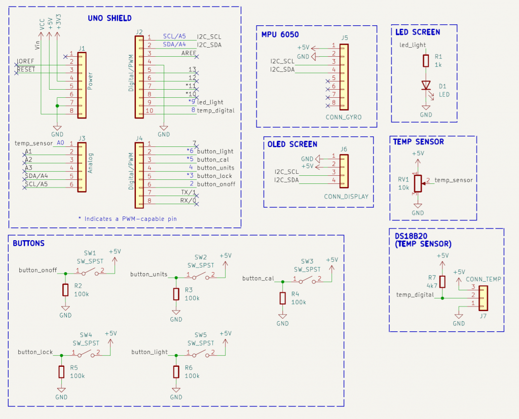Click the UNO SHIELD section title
(109, 18)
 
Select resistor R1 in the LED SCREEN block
(426, 61)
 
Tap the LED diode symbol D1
(426, 86)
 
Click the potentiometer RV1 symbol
(418, 183)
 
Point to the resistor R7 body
(442, 282)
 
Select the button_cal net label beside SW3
(258, 278)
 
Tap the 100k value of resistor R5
(78, 376)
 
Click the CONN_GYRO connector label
(344, 117)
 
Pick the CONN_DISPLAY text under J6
(346, 197)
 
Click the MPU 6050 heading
(280, 35)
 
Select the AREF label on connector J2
(189, 53)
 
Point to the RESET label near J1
(26, 69)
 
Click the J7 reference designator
(483, 316)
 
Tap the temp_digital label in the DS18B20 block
(415, 294)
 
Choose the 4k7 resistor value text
(431, 286)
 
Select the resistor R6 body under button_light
(176, 371)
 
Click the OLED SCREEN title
(292, 144)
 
